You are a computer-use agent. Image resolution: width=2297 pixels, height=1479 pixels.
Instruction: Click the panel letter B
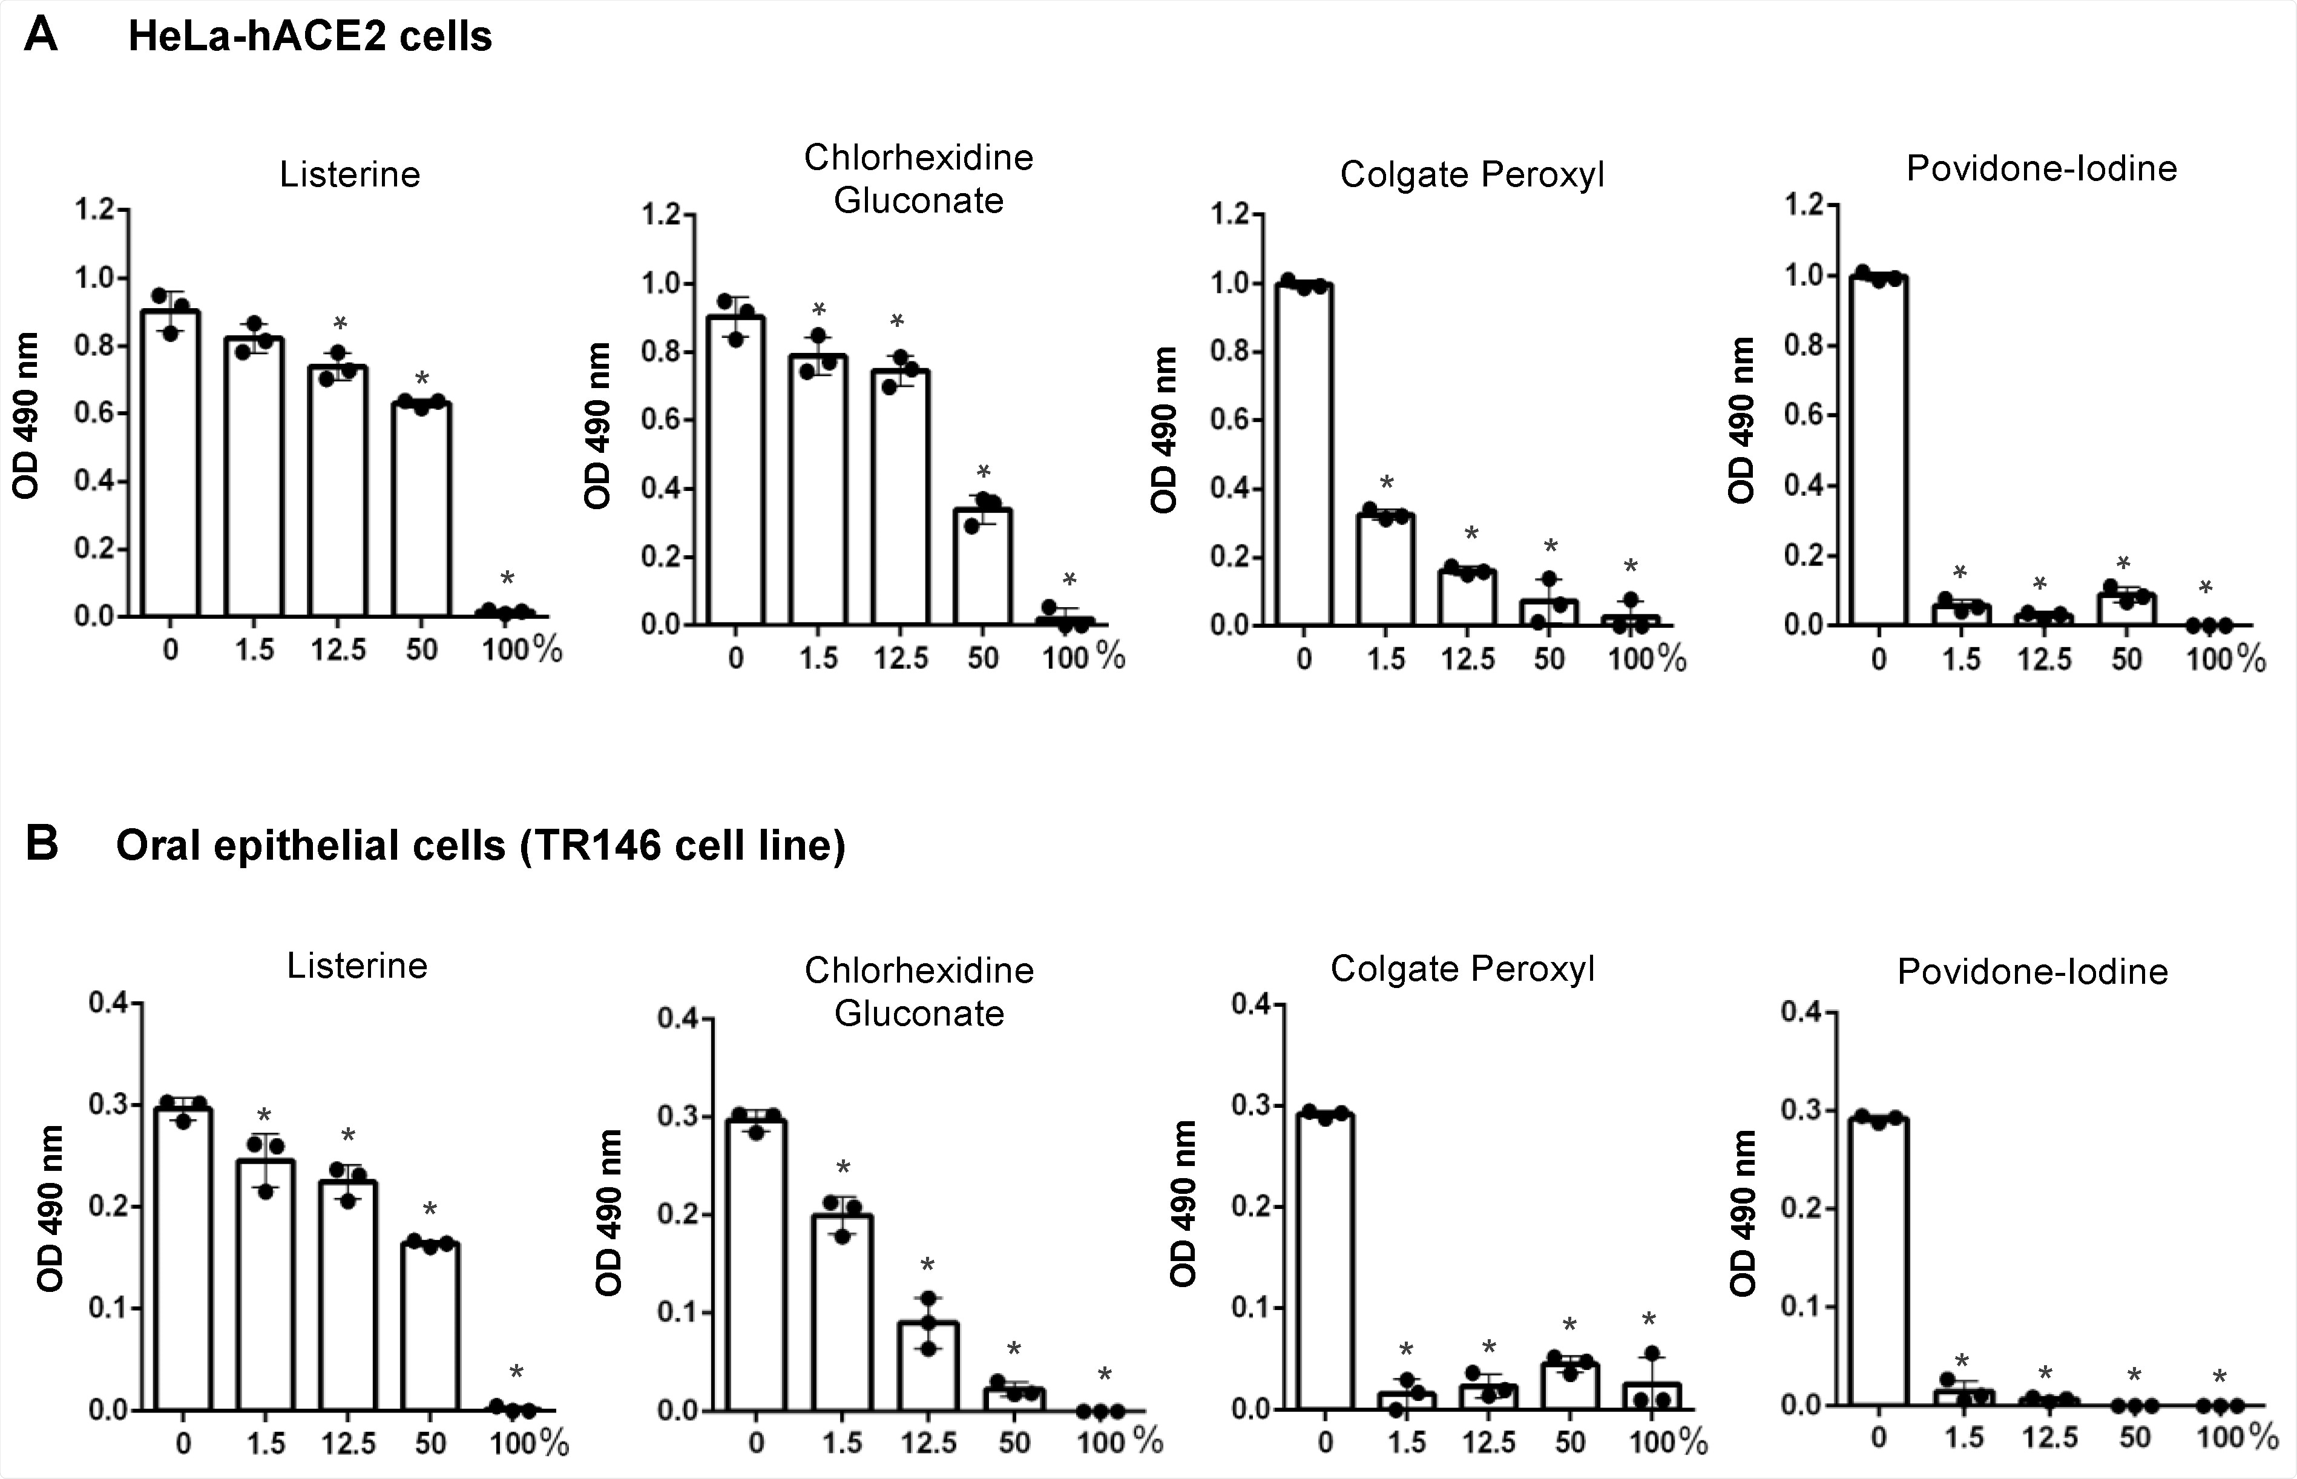41,843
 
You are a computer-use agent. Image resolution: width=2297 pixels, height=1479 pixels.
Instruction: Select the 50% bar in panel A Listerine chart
421,509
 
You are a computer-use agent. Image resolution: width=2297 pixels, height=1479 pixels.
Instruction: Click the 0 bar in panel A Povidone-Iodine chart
1879,452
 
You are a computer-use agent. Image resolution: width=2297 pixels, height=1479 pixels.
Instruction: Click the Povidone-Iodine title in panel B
2032,972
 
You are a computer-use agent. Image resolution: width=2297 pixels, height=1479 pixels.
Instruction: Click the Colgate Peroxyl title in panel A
1471,175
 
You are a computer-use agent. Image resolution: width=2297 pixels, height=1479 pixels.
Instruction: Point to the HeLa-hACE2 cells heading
310,36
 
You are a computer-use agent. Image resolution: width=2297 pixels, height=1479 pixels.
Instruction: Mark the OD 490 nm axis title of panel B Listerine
50,1208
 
